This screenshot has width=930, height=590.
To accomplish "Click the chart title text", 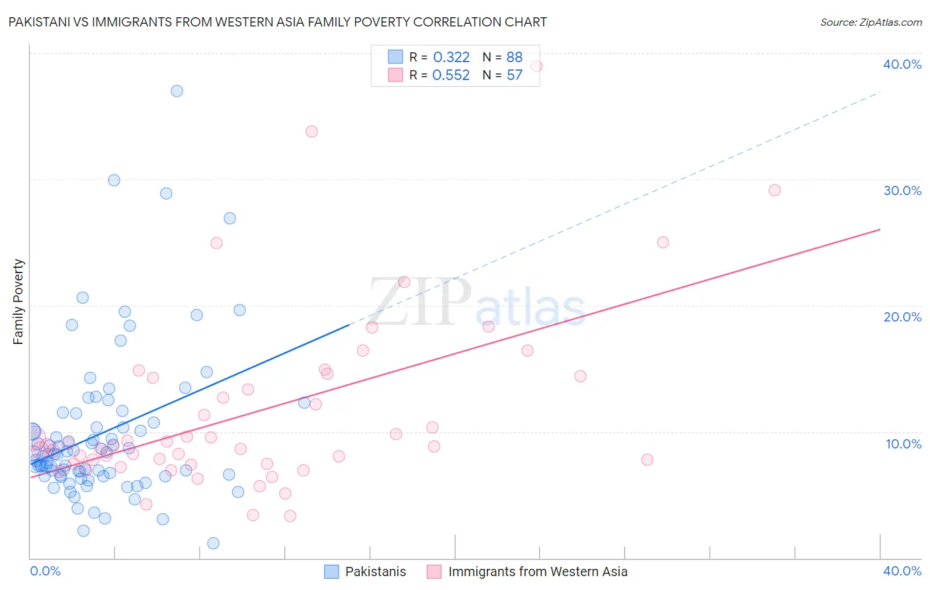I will pos(277,22).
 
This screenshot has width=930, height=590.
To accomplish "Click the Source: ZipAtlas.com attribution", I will pos(870,22).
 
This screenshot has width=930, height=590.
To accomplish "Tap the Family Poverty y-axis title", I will pos(19,302).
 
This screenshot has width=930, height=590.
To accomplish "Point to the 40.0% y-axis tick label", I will pos(902,64).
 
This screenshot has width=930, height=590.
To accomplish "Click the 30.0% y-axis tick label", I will pos(902,190).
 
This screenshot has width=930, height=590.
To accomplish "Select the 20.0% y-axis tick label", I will pos(902,317).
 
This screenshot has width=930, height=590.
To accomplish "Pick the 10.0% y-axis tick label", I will pos(904,444).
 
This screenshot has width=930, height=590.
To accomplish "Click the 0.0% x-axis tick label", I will pos(45,571).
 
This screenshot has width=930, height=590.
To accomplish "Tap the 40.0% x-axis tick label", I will pos(902,571).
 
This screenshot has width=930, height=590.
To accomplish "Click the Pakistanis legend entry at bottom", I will pos(375,571).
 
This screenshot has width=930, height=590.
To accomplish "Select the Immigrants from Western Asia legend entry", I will pos(537,571).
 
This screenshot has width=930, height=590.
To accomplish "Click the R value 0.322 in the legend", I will pos(451,58).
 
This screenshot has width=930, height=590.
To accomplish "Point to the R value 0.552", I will pos(451,75).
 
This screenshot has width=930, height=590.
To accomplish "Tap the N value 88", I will pos(515,58).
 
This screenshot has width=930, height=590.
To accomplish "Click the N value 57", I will pos(515,75).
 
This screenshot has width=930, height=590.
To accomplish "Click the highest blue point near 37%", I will pos(177,91).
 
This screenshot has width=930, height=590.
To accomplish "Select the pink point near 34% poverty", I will pos(312,132).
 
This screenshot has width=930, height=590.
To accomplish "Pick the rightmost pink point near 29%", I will pos(775,190).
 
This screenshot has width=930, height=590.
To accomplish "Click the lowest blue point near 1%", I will pos(213,543).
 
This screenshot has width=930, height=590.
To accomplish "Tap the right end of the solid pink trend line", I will pos(880,230).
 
